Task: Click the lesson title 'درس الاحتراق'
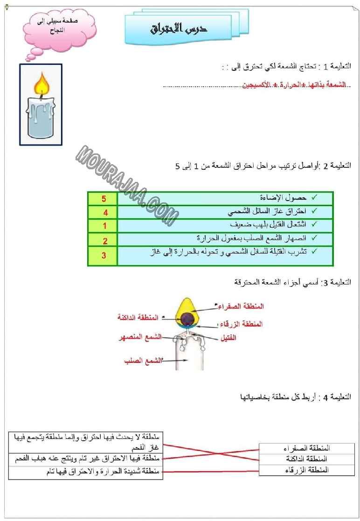click(x=180, y=28)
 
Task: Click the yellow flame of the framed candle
click(x=41, y=85)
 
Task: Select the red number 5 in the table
click(x=104, y=199)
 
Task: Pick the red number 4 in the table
click(x=105, y=213)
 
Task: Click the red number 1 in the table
click(x=104, y=226)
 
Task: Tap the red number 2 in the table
click(x=105, y=241)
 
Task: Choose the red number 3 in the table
click(x=104, y=256)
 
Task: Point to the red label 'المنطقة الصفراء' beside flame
click(x=242, y=306)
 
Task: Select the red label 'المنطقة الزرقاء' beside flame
click(x=242, y=324)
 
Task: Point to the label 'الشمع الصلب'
click(x=143, y=361)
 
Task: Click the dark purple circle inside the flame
click(x=188, y=319)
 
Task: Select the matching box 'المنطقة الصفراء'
click(x=306, y=448)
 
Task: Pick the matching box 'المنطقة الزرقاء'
click(x=306, y=470)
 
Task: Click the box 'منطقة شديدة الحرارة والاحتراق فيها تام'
click(x=84, y=472)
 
